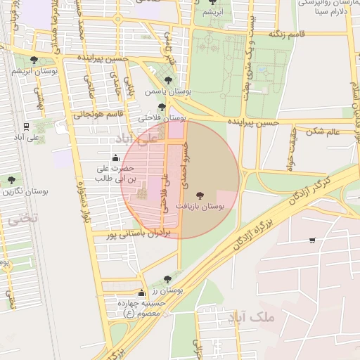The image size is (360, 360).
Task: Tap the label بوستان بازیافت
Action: tap(201, 208)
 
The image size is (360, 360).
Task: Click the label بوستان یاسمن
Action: tap(165, 91)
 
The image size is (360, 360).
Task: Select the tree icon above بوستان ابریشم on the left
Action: tap(34, 60)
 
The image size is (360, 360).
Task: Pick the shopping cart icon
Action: tap(311, 240)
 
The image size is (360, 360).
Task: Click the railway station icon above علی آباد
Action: tap(27, 126)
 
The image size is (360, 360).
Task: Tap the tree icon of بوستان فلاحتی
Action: tap(162, 106)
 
